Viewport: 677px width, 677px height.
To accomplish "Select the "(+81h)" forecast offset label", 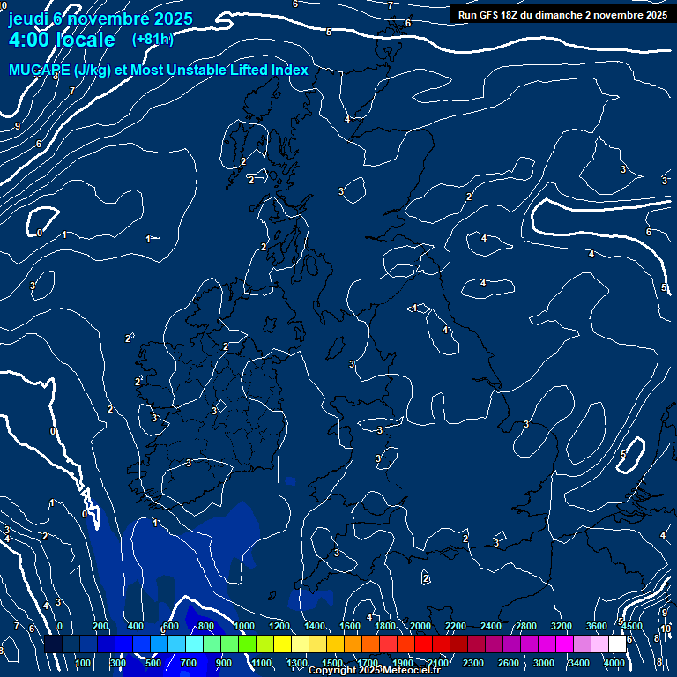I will [153, 39].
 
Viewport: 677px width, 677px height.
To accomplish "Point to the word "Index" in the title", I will [289, 71].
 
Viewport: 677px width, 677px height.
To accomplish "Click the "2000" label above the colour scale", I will [420, 626].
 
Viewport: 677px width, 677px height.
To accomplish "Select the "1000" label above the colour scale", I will [244, 626].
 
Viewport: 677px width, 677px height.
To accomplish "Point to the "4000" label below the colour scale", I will [614, 663].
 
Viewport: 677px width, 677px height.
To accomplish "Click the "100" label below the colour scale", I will [83, 663].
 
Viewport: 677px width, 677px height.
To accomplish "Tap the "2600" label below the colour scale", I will [509, 663].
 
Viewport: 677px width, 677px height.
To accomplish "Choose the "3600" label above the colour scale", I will [597, 626].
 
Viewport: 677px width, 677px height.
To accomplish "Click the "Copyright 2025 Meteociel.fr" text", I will [374, 671].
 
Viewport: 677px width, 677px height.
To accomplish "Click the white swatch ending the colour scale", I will [617, 644].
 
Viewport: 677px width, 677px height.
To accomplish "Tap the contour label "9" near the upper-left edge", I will [17, 126].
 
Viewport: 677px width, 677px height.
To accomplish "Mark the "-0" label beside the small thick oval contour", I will [39, 233].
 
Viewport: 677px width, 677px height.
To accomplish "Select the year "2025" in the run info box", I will [651, 14].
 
